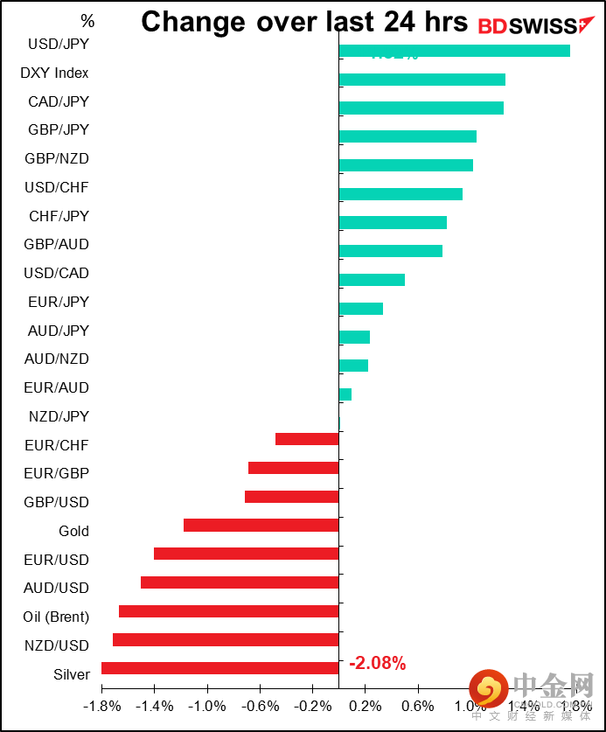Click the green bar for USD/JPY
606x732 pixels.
(x=454, y=51)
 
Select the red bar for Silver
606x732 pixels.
(x=219, y=668)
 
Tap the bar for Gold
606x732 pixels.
(x=261, y=526)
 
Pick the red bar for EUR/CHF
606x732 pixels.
(x=307, y=439)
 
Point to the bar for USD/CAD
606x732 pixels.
(x=372, y=280)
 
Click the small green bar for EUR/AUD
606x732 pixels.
(x=345, y=394)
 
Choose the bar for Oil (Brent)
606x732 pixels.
(x=228, y=611)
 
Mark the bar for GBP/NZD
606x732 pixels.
(x=406, y=165)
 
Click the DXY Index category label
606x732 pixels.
(x=54, y=73)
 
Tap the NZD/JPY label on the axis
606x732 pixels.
(x=59, y=416)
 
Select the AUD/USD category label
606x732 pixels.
(x=57, y=588)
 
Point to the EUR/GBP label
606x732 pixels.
(x=57, y=474)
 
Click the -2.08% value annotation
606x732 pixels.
(x=377, y=664)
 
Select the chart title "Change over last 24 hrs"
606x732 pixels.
(x=304, y=22)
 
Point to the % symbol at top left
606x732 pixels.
(x=87, y=20)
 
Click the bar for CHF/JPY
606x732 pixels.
(x=393, y=223)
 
